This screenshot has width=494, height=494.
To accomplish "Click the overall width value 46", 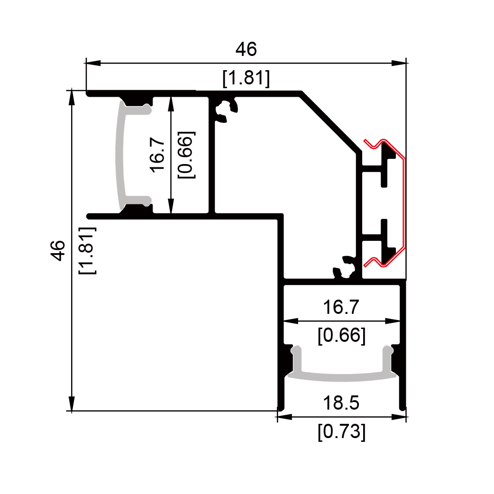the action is point(246,49).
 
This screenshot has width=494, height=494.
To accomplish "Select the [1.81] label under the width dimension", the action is point(246,78).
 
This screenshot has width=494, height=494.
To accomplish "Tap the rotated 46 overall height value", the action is point(58,250).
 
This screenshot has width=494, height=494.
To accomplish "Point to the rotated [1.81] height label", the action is point(87,250).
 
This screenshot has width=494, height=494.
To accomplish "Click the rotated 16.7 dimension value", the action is point(157,155).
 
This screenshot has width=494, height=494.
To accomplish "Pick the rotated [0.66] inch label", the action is point(186,155).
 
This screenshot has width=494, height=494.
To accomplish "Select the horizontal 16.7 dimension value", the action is point(341,307).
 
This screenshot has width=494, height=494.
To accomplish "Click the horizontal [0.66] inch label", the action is point(341,335).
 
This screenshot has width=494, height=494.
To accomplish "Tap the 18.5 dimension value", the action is point(341,403).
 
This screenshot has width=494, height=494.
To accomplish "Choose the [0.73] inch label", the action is point(341,431).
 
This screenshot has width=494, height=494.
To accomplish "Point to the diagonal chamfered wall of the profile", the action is point(330,122).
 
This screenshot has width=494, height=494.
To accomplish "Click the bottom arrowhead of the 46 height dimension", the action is point(72,403).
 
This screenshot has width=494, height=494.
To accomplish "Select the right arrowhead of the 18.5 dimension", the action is point(399,417).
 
